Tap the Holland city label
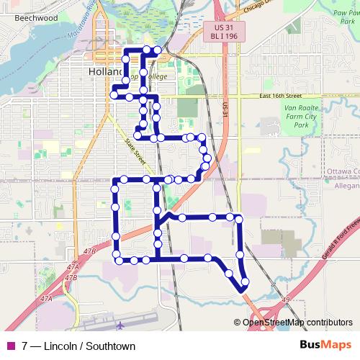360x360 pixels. coord(103,72)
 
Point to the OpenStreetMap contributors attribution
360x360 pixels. coord(297,323)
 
